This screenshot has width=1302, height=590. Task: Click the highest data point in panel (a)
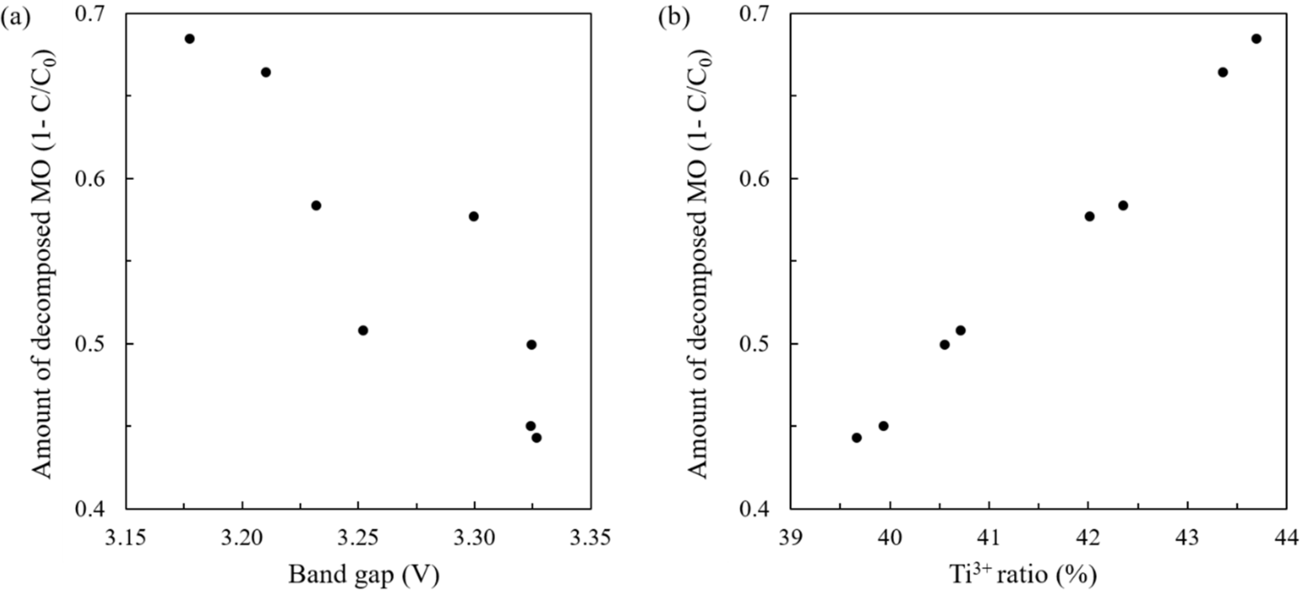(190, 39)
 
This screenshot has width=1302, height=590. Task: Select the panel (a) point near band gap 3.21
(266, 72)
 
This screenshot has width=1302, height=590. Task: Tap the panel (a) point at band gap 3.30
(474, 216)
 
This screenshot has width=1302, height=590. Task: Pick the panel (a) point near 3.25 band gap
(363, 330)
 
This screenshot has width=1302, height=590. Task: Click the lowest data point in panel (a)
(537, 437)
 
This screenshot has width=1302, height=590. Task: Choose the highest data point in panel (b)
(1256, 39)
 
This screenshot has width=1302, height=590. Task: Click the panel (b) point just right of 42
(1090, 216)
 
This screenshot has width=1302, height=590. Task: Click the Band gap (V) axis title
(363, 575)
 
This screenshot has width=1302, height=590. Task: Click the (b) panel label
(674, 18)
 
